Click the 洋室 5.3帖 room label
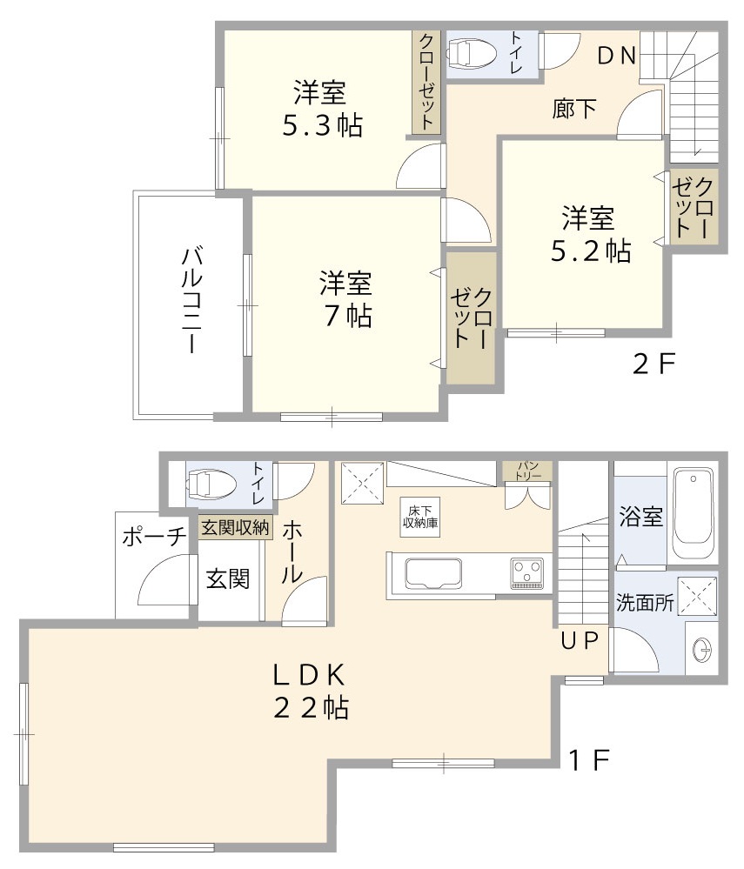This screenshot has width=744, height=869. point(321,109)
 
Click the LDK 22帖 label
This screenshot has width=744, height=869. point(311,691)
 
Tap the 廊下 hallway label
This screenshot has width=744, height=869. point(574,109)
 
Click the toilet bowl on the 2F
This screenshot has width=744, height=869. point(472,55)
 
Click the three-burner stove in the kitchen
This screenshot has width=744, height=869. point(526,574)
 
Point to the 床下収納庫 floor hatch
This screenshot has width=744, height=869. point(412,517)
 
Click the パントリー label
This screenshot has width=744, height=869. point(527,471)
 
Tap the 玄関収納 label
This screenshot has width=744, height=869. point(235,527)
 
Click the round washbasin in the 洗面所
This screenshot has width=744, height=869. point(701,648)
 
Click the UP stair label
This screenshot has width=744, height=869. point(580,642)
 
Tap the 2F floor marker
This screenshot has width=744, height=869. point(654,364)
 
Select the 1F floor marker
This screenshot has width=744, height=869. point(589,761)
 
